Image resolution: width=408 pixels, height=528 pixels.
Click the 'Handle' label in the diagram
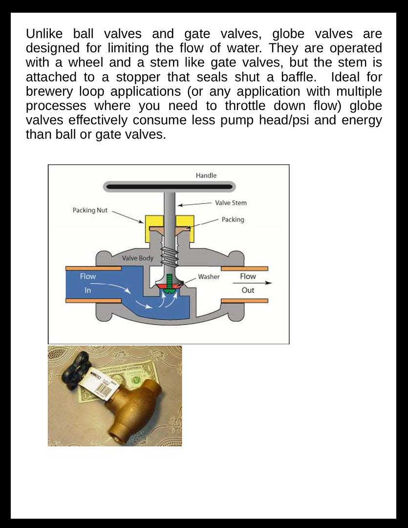pyautogui.click(x=206, y=176)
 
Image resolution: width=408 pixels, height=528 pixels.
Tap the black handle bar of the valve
pyautogui.click(x=169, y=187)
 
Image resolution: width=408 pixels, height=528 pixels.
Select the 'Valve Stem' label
pyautogui.click(x=231, y=203)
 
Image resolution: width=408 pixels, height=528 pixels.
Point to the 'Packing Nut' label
pyautogui.click(x=90, y=210)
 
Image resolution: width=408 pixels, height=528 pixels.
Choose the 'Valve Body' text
pyautogui.click(x=137, y=258)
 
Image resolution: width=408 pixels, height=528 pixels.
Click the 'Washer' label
pyautogui.click(x=209, y=277)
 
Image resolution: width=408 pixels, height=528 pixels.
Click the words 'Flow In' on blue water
pyautogui.click(x=88, y=283)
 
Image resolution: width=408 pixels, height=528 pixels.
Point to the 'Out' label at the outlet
pyautogui.click(x=248, y=290)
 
